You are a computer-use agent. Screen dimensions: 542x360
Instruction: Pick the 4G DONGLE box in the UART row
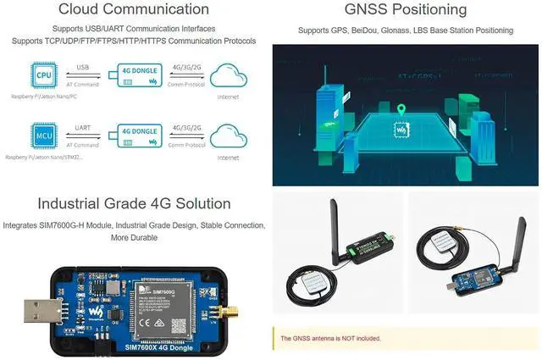coord(140,136)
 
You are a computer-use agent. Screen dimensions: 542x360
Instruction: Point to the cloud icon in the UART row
coord(229,135)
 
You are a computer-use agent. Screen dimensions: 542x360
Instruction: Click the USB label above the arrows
coord(82,67)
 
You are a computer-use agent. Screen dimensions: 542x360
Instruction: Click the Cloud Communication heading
coord(134,10)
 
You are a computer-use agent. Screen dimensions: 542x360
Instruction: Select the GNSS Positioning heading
coord(406,10)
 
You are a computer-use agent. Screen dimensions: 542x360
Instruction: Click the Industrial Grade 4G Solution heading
coord(134,203)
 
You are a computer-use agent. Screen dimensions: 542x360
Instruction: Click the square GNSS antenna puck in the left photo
coord(303,277)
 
